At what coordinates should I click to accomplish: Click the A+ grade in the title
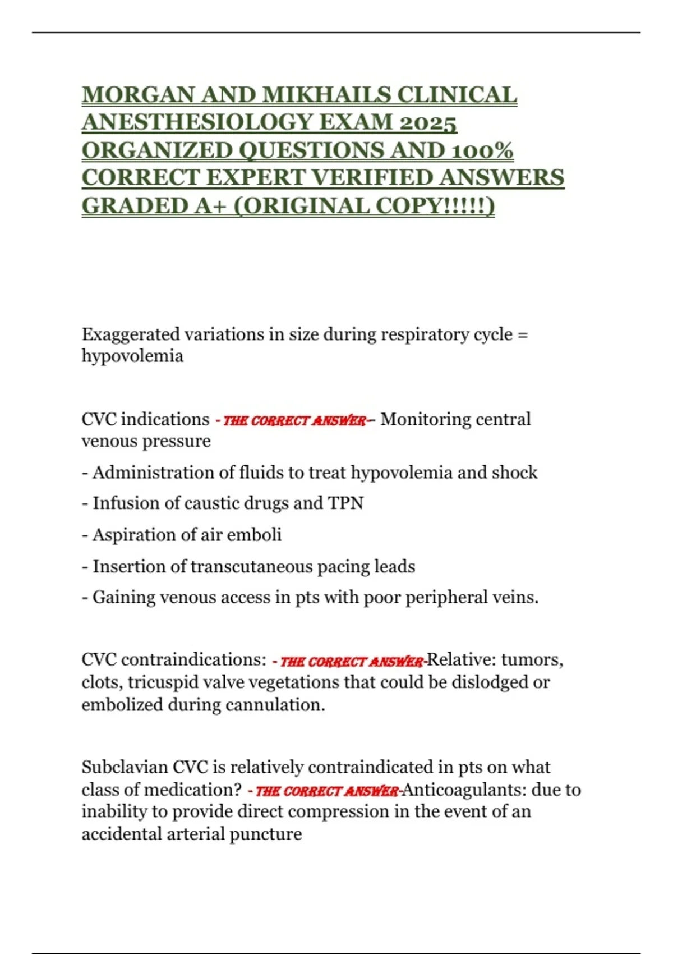[210, 206]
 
